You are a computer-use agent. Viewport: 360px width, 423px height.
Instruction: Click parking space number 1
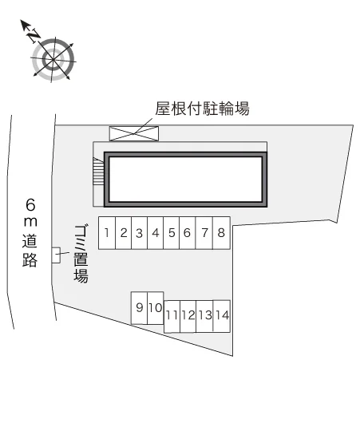107,233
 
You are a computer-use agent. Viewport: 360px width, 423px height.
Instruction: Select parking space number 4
156,233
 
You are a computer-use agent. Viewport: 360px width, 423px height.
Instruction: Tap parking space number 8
221,233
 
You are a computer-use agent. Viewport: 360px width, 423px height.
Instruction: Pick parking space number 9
139,308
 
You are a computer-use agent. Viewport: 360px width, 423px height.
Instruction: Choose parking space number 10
156,308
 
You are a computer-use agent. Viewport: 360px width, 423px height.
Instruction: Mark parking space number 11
172,316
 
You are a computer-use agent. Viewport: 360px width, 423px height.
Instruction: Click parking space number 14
222,316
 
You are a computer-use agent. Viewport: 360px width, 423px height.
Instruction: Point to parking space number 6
188,233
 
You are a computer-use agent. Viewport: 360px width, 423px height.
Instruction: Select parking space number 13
204,316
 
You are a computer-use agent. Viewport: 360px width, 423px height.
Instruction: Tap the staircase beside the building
98,172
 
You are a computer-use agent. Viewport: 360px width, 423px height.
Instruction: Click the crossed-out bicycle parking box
134,133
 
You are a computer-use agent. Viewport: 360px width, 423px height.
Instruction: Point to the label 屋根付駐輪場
202,109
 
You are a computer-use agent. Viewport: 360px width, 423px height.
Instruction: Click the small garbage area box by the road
56,255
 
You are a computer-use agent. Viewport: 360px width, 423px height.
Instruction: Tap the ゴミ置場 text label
81,254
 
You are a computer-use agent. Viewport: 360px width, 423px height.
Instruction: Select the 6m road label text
30,232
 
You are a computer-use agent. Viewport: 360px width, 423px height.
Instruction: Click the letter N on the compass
34,36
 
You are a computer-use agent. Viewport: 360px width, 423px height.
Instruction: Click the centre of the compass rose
53,60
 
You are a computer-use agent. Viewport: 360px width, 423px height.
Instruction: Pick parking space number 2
124,233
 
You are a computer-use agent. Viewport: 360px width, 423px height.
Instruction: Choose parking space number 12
188,316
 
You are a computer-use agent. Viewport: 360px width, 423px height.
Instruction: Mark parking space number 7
204,233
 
